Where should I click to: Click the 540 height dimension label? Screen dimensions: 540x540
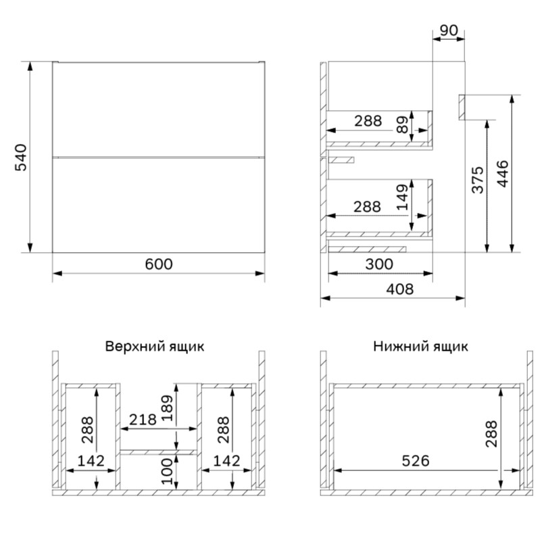coord(21,157)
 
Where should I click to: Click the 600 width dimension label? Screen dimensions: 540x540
coord(159,264)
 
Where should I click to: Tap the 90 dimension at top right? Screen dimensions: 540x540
coord(449,30)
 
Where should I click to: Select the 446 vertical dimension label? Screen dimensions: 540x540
coord(503,174)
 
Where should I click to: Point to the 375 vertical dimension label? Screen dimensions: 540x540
coord(478,180)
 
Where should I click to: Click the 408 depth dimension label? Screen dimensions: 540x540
coord(400,289)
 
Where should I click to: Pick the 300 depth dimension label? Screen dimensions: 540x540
coord(379,264)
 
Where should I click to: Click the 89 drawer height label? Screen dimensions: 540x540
coord(402,124)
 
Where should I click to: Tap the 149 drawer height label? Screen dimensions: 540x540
coord(402,197)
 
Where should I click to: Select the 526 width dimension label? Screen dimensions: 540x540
coord(416,461)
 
